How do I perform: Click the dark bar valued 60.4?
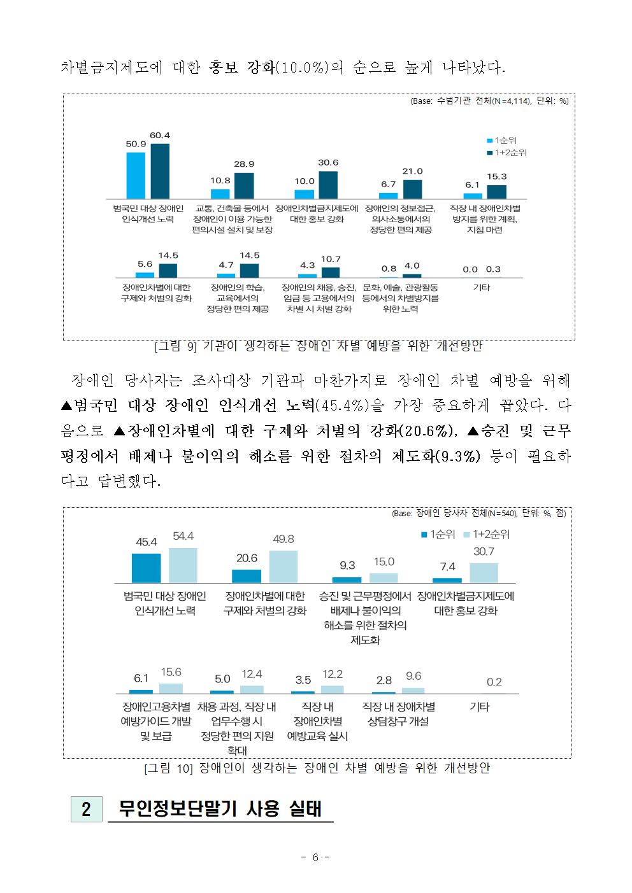(160, 172)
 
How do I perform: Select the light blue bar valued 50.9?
(136, 176)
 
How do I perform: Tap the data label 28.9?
(244, 164)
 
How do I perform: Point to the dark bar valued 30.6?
(328, 185)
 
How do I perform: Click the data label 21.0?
(412, 171)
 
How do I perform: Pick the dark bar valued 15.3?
(496, 192)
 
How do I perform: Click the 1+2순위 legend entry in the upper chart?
(507, 153)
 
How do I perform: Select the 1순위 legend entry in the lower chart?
(438, 535)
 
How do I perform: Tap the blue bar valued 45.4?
(146, 568)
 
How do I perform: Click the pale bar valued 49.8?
(283, 567)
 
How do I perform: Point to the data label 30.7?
(484, 552)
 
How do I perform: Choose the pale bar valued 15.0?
(384, 578)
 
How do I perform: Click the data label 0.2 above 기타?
(494, 682)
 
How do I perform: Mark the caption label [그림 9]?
(176, 346)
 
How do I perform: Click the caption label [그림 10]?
(168, 769)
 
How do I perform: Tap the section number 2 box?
(86, 810)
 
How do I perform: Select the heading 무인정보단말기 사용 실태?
(220, 809)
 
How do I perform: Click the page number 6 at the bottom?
(315, 857)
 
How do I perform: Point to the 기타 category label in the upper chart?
(482, 288)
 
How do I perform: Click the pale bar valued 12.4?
(252, 689)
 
